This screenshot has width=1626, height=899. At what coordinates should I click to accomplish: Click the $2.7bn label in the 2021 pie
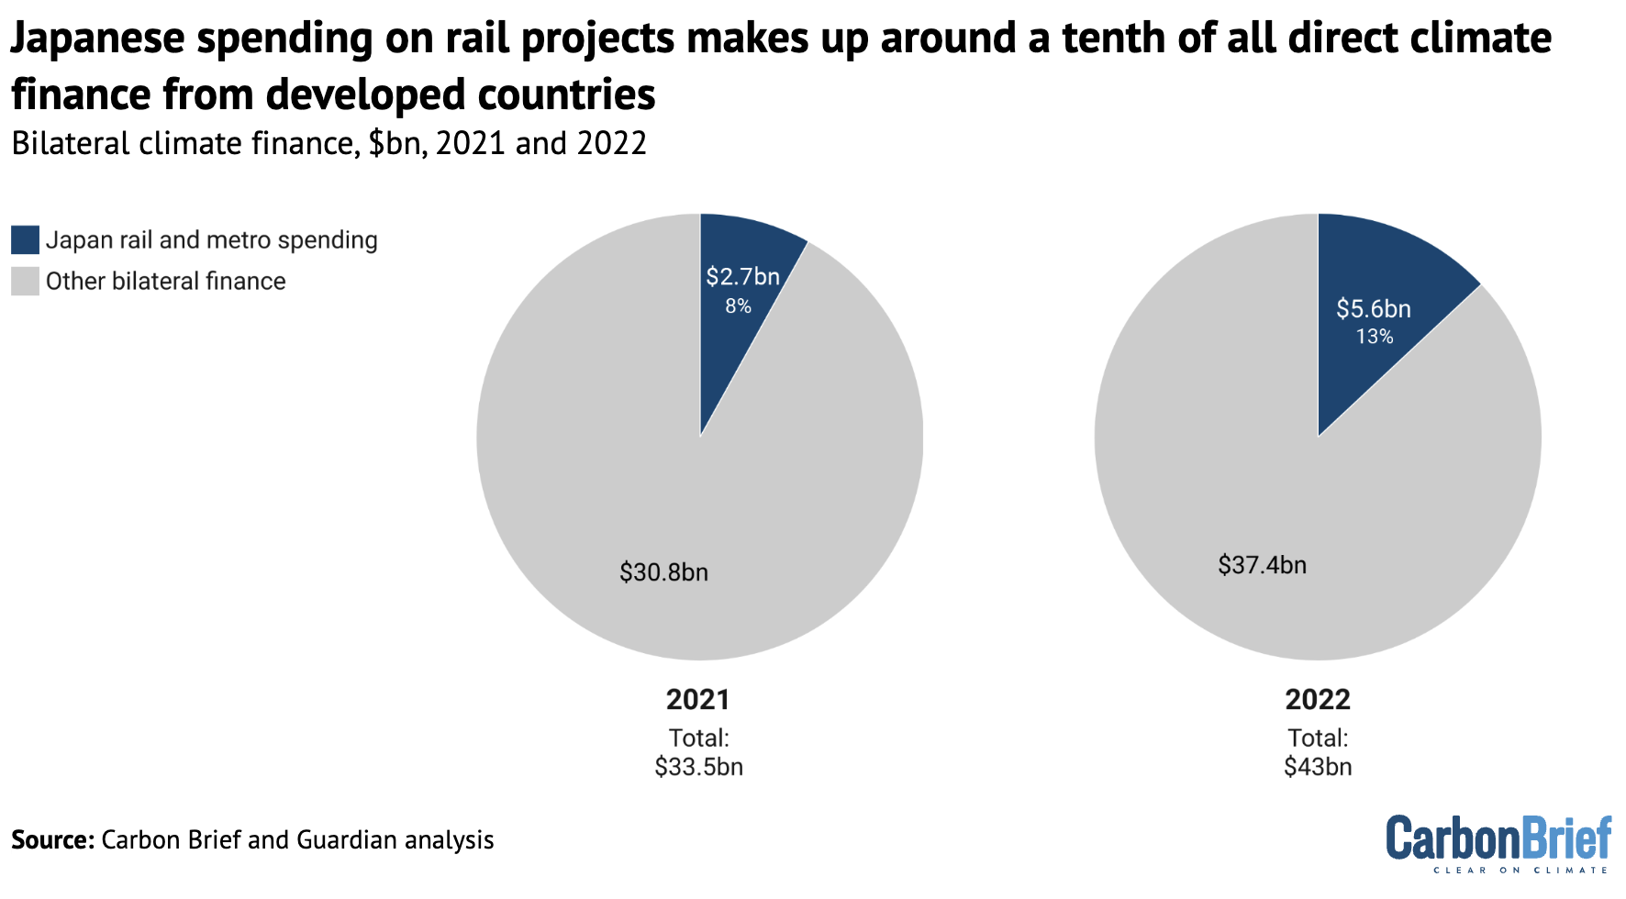(742, 276)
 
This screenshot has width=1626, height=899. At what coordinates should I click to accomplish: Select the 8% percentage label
(738, 306)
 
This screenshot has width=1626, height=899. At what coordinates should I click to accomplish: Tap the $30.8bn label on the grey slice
(663, 572)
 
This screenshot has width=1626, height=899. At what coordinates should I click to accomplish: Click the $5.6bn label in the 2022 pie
(1373, 308)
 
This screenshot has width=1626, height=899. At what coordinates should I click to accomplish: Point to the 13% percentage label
(1374, 337)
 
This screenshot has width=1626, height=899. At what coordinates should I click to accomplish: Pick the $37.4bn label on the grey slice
(1262, 564)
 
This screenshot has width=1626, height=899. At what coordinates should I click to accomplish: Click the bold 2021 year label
(698, 700)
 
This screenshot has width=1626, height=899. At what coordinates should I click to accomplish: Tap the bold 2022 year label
(1318, 700)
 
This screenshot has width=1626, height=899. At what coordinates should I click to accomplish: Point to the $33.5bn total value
(698, 767)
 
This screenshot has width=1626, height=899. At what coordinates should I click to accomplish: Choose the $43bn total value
(1318, 767)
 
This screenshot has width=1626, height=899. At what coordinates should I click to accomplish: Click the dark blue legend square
(26, 240)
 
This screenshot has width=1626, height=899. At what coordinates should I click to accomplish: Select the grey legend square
(26, 282)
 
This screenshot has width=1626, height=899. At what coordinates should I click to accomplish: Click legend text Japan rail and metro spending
(211, 240)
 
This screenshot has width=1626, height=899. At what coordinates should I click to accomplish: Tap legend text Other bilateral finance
(165, 282)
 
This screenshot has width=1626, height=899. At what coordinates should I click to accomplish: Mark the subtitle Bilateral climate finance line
(329, 144)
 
